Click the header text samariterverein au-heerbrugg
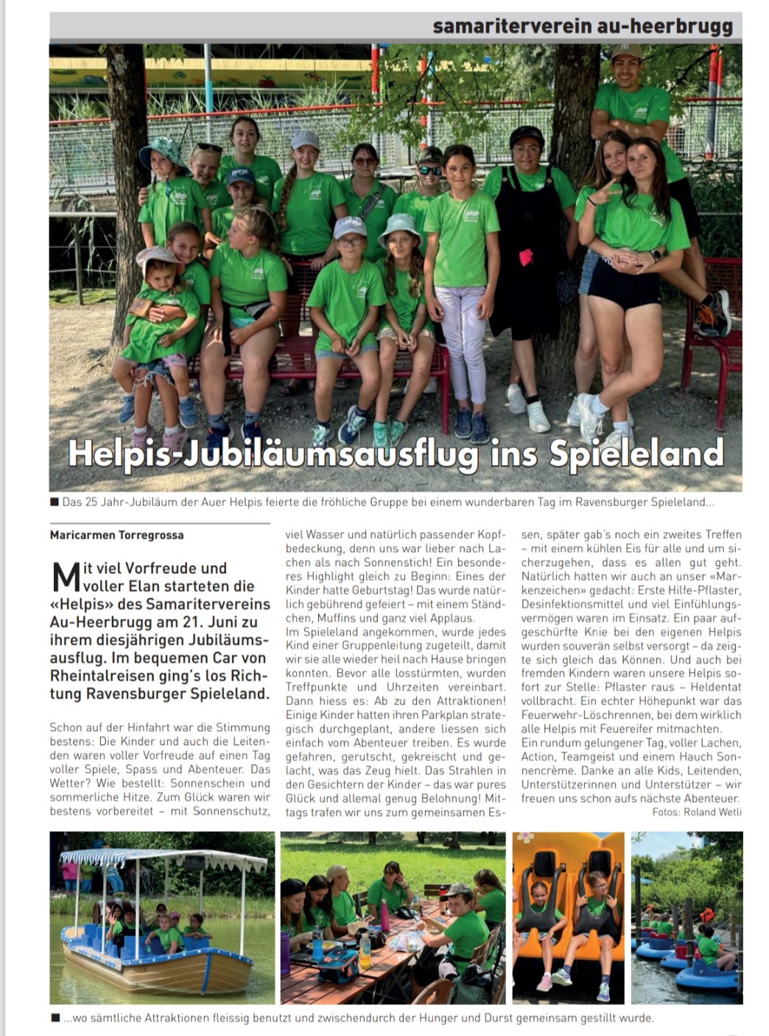(583, 26)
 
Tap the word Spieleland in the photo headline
(636, 453)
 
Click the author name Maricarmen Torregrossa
(116, 535)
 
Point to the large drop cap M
(66, 578)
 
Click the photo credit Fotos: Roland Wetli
(697, 812)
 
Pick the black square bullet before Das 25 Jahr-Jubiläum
(55, 502)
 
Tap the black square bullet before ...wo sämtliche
(55, 1018)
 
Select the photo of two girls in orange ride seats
(568, 917)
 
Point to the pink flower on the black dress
(525, 257)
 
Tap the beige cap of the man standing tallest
(626, 52)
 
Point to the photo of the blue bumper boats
(687, 917)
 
